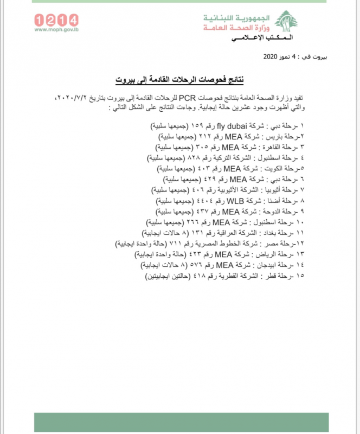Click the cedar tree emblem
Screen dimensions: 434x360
click(x=285, y=23)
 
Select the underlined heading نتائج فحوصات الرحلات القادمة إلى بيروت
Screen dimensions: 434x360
click(x=179, y=79)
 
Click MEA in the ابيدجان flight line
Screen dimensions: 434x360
click(x=224, y=265)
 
